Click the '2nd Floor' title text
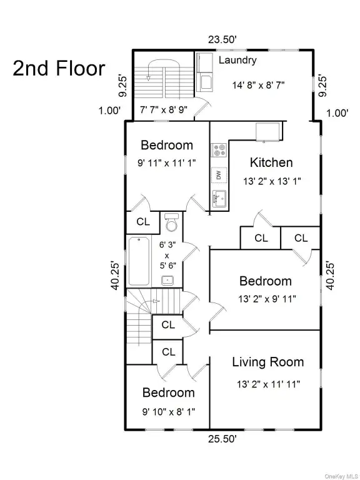59,68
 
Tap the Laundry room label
237,61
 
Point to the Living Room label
267,362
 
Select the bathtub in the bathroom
138,261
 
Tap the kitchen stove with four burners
219,150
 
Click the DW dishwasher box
219,176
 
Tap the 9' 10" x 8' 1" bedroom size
167,412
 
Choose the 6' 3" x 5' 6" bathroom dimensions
167,254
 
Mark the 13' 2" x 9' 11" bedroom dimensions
266,299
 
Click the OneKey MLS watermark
337,473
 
